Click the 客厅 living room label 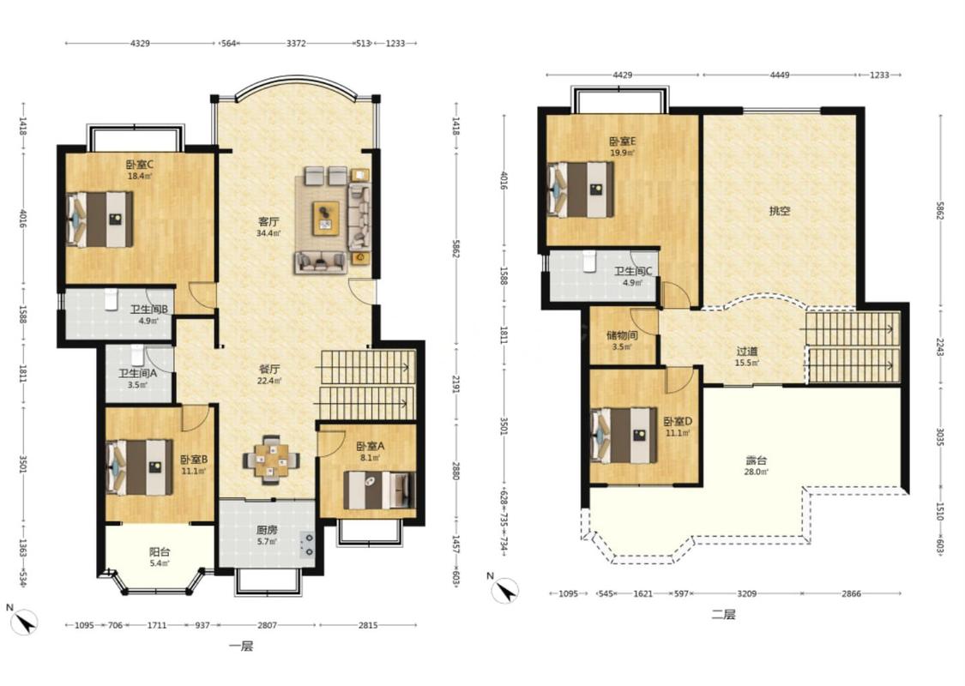pyautogui.click(x=268, y=221)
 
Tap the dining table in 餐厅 pyautogui.click(x=271, y=460)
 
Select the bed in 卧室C pyautogui.click(x=100, y=219)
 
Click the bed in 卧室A pyautogui.click(x=379, y=490)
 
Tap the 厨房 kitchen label pyautogui.click(x=267, y=530)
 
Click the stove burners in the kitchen pyautogui.click(x=306, y=545)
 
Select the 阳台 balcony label pyautogui.click(x=160, y=552)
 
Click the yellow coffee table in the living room pyautogui.click(x=326, y=218)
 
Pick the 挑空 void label pyautogui.click(x=780, y=211)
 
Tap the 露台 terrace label pyautogui.click(x=757, y=460)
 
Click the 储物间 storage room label pyautogui.click(x=622, y=335)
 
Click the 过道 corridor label pyautogui.click(x=747, y=352)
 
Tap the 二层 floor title pyautogui.click(x=723, y=614)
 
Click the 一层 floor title pyautogui.click(x=241, y=646)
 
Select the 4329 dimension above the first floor pyautogui.click(x=141, y=43)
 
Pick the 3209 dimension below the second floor pyautogui.click(x=746, y=593)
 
